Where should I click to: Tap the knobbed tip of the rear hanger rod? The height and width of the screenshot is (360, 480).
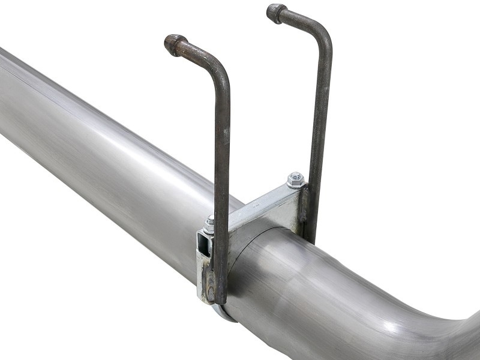[x=276, y=12]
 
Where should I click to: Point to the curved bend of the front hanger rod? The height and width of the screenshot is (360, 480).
[x=213, y=60]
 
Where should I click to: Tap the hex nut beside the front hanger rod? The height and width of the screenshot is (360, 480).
[x=209, y=223]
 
